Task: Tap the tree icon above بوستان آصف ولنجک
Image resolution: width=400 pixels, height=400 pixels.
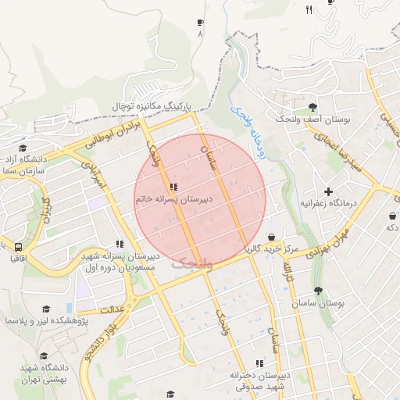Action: pyautogui.click(x=313, y=107)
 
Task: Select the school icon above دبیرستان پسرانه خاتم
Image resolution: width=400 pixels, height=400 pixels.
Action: pyautogui.click(x=173, y=187)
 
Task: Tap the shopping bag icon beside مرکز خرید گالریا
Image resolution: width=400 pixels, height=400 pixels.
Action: pyautogui.click(x=271, y=237)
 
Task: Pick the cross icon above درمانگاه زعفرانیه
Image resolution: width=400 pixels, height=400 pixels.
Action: pyautogui.click(x=328, y=191)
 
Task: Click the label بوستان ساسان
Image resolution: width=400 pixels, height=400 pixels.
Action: pyautogui.click(x=320, y=302)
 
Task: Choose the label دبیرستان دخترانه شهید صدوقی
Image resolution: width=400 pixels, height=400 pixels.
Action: pyautogui.click(x=259, y=380)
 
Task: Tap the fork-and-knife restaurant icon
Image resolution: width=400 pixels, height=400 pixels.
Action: pyautogui.click(x=309, y=9)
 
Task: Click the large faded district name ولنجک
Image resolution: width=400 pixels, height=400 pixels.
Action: pyautogui.click(x=185, y=262)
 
